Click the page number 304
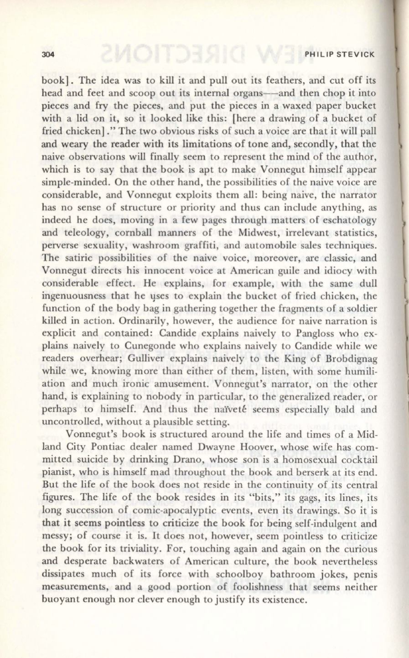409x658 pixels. pyautogui.click(x=47, y=55)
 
